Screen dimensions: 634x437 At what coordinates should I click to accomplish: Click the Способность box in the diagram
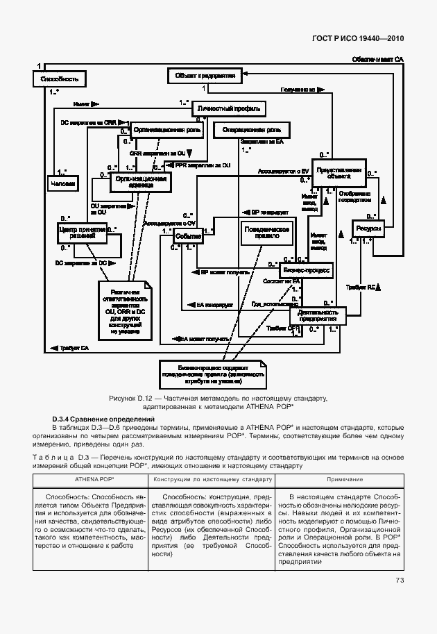coord(59,79)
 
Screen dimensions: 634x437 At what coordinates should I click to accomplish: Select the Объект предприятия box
coord(204,75)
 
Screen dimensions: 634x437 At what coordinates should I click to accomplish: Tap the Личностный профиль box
coord(229,109)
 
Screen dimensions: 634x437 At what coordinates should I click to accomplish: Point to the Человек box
coord(63,183)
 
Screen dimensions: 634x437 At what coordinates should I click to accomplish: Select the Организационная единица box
coord(142,182)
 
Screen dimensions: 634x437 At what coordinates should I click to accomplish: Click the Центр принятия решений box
coord(82,233)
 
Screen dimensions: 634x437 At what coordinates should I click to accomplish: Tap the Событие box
coord(188,237)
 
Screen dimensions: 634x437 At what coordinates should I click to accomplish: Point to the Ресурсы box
coord(367,229)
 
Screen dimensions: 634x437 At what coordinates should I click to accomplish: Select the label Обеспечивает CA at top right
coord(377,60)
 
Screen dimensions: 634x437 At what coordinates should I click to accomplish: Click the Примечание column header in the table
coord(340,480)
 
